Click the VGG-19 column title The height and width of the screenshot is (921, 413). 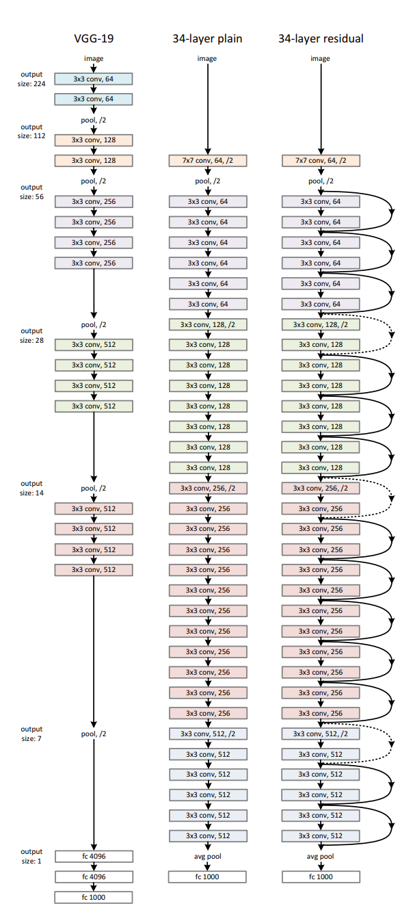click(x=94, y=38)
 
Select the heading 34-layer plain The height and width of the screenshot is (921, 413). click(x=206, y=38)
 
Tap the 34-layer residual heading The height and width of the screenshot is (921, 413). click(x=320, y=38)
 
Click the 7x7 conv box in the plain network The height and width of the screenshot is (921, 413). click(x=207, y=161)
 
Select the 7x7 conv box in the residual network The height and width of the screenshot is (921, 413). click(x=321, y=161)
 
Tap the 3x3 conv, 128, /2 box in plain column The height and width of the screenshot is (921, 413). click(x=207, y=324)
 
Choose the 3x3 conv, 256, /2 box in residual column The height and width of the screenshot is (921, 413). click(x=321, y=488)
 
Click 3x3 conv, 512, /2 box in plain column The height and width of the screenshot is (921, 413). click(x=207, y=734)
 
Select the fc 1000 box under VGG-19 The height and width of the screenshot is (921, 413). click(x=94, y=897)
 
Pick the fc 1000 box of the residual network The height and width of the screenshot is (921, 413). click(x=321, y=877)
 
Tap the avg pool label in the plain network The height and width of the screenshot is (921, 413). click(x=207, y=856)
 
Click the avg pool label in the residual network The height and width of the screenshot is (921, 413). click(x=321, y=856)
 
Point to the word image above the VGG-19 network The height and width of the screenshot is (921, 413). click(x=94, y=59)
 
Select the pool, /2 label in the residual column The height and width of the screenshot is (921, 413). click(x=321, y=181)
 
